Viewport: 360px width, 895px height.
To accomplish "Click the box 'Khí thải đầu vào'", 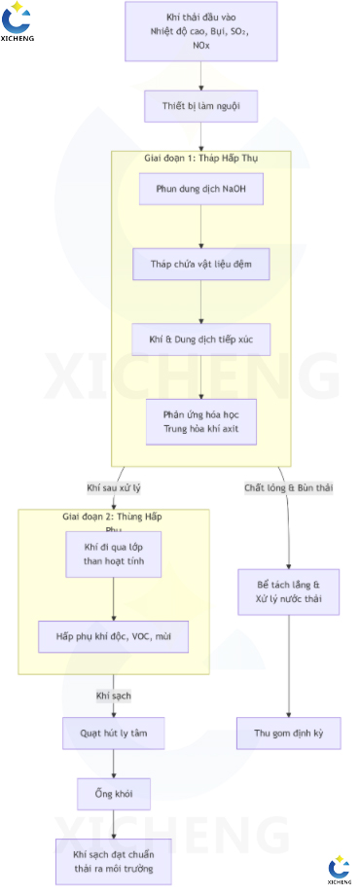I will click(x=200, y=32).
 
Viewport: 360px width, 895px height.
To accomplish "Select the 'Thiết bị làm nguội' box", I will click(x=200, y=106).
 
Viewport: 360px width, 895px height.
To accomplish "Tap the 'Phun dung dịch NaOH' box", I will click(x=200, y=188).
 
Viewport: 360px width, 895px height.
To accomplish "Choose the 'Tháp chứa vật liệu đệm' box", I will click(x=200, y=264).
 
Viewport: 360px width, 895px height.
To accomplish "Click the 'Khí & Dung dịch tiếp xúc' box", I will click(x=200, y=340).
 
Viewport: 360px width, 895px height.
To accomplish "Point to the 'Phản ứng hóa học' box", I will click(x=200, y=421).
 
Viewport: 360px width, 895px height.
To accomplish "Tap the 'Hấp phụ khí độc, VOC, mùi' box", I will click(x=114, y=636).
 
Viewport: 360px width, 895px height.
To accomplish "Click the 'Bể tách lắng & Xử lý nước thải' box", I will click(x=288, y=593).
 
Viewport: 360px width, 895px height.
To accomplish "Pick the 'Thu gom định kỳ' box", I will click(x=288, y=734).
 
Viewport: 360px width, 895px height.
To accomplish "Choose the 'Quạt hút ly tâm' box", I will click(x=114, y=733).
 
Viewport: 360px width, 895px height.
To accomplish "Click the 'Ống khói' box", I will click(x=114, y=794).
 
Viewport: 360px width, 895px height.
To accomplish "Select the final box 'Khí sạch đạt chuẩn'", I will click(x=114, y=860).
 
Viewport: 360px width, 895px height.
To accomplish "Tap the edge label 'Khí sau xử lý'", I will click(x=114, y=487).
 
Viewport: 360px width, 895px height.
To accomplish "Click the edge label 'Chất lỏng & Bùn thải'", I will click(x=288, y=487).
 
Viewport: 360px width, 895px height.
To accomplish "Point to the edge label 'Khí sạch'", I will click(x=114, y=696).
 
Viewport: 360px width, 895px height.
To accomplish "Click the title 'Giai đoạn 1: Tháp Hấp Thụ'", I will click(x=200, y=158).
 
